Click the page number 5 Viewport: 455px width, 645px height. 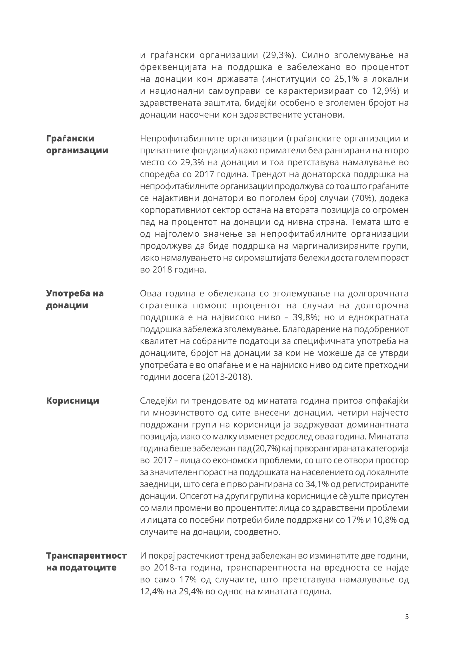click(407, 617)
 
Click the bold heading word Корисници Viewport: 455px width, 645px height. click(73, 401)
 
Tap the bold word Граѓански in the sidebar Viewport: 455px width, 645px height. click(70, 138)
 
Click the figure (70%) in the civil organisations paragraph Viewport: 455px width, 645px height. click(364, 198)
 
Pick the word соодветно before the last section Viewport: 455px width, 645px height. click(257, 532)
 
